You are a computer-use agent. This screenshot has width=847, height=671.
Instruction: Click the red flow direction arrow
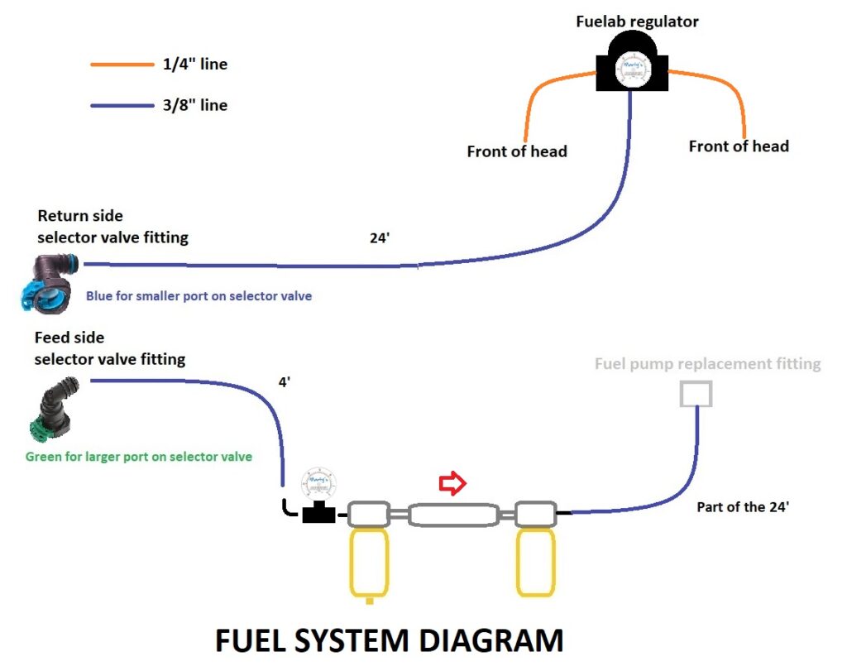click(452, 484)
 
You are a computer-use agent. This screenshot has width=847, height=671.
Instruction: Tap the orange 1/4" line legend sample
click(120, 64)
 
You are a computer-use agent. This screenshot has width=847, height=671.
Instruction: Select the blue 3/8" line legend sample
click(120, 105)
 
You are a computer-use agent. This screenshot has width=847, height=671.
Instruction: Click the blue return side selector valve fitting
click(49, 283)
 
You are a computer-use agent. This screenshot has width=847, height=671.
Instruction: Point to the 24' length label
click(380, 238)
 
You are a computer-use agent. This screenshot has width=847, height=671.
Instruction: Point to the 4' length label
click(285, 382)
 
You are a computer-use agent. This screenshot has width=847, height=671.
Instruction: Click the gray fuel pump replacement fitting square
click(696, 394)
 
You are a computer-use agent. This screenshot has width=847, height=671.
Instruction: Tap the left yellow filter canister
click(368, 563)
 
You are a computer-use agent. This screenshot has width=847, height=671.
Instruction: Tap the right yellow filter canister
click(536, 563)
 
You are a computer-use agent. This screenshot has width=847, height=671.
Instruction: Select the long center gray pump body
click(452, 515)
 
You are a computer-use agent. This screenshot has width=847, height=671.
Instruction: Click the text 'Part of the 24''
click(743, 507)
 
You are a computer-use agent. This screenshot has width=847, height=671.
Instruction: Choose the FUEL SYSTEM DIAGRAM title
click(389, 642)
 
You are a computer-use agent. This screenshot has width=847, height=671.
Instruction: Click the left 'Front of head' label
click(517, 151)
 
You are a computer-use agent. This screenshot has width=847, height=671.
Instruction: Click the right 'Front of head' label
click(739, 146)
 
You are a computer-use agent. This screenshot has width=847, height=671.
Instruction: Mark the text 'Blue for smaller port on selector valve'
click(199, 295)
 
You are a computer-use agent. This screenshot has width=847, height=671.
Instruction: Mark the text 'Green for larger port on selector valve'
click(139, 457)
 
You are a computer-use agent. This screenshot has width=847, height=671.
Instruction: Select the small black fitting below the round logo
click(318, 514)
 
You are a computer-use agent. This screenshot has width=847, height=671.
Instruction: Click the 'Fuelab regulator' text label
click(637, 22)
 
